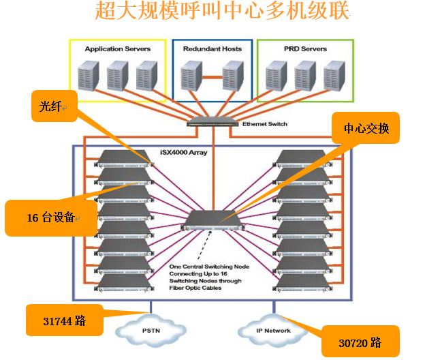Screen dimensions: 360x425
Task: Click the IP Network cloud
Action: pyautogui.click(x=273, y=331)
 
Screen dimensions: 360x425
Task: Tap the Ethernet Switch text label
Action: pyautogui.click(x=265, y=124)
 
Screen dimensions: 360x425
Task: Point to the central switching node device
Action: pyautogui.click(x=212, y=219)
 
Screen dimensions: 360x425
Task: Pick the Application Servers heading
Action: pyautogui.click(x=117, y=49)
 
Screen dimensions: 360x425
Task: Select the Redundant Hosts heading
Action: pyautogui.click(x=212, y=49)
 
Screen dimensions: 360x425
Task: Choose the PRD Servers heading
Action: pyautogui.click(x=304, y=49)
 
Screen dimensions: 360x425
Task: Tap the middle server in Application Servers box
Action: pyautogui.click(x=117, y=75)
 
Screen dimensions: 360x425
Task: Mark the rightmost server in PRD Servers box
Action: pyautogui.click(x=334, y=75)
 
